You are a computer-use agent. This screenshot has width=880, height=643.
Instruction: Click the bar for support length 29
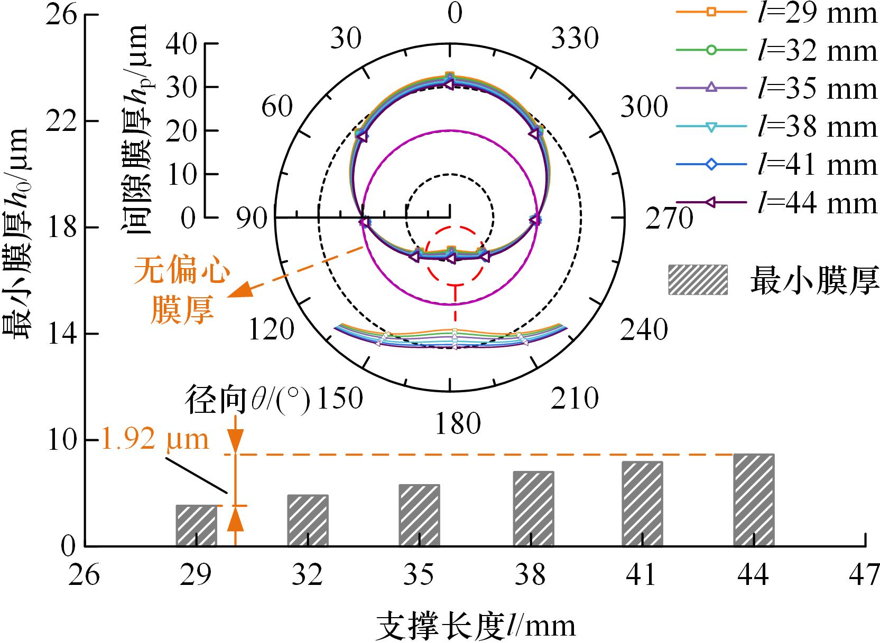coord(196,525)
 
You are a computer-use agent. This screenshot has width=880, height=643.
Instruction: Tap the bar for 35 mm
coord(419,515)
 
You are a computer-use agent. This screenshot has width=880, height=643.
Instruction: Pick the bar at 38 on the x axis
coord(533,508)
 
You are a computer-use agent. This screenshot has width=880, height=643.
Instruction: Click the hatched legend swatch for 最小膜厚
coord(698,280)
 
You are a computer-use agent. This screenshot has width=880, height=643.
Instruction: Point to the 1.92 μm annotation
coord(155,439)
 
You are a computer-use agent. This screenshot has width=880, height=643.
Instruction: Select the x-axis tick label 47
coord(864,574)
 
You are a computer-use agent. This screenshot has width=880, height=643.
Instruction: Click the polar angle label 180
coord(458,424)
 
